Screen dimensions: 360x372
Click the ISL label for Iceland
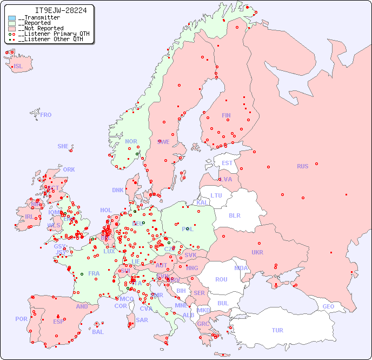coord(18,67)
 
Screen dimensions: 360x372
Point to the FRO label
coord(46,115)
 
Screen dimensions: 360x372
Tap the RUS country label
coord(302,166)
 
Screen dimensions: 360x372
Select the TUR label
coord(277,330)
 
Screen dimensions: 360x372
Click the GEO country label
coord(328,306)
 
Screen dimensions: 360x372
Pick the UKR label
coord(257,252)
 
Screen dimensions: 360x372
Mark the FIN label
coord(226,115)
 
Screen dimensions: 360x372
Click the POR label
coord(21,319)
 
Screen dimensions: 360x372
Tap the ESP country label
coord(58,321)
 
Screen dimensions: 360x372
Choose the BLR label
coord(234,215)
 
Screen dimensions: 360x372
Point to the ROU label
coord(221,279)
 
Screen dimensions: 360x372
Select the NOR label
coord(131,141)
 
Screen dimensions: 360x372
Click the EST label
coord(227,163)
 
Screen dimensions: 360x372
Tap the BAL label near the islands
coord(97,332)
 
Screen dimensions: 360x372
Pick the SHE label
coord(63,146)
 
